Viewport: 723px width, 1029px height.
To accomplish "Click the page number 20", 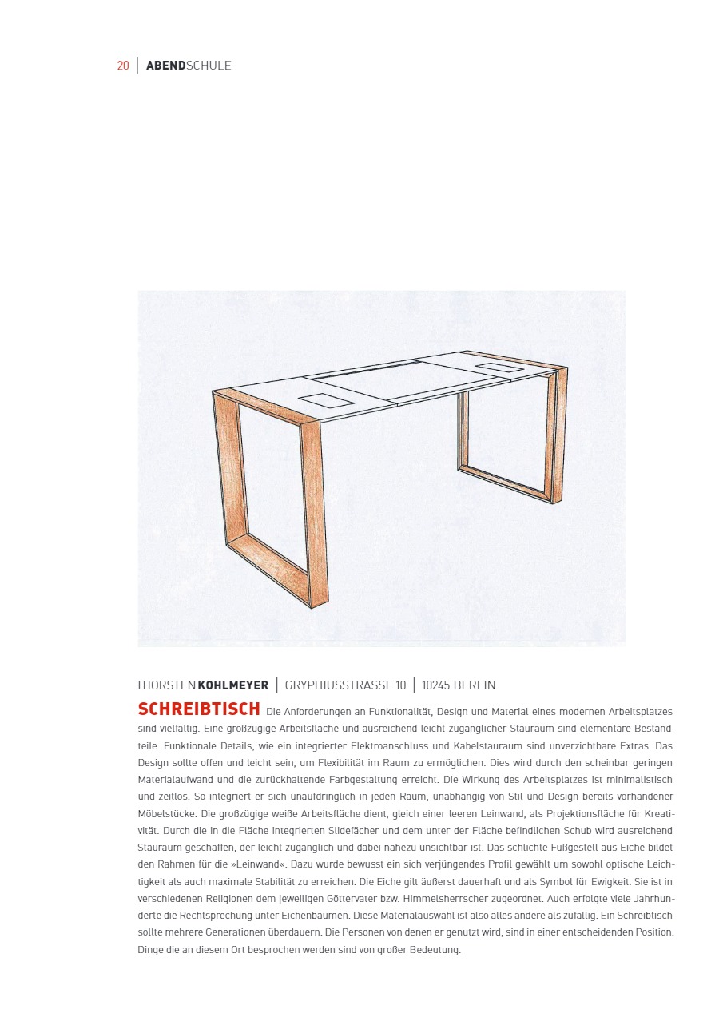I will pos(123,66).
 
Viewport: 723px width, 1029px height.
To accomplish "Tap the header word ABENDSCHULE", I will pos(189,66).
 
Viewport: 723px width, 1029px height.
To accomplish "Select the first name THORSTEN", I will pos(166,685).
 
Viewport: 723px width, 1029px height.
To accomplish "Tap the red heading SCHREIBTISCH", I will pos(199,709).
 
